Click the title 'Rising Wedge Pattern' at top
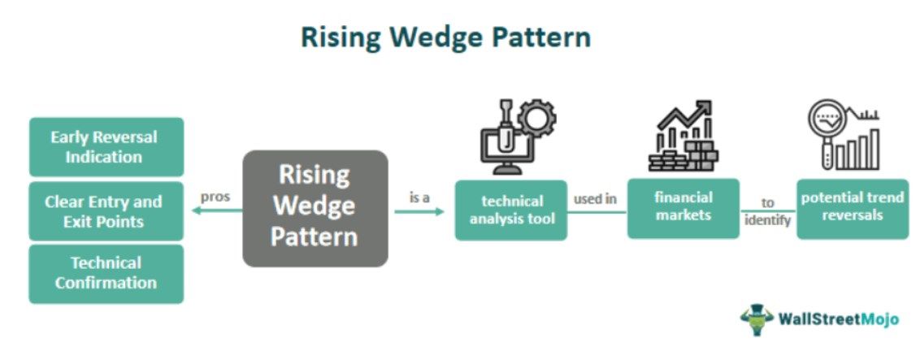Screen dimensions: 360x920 (x=445, y=37)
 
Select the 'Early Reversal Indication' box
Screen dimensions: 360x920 (x=106, y=147)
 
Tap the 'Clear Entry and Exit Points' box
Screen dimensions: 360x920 (x=106, y=211)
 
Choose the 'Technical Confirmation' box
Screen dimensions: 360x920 (x=106, y=274)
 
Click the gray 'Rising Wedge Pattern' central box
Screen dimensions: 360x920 (x=315, y=208)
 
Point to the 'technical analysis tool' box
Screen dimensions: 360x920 (x=510, y=210)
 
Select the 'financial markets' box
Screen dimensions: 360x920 (x=683, y=208)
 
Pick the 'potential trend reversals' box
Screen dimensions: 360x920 (x=852, y=209)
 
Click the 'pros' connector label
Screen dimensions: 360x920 (x=215, y=197)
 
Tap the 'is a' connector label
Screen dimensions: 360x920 (x=419, y=197)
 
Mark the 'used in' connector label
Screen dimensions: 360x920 (x=595, y=198)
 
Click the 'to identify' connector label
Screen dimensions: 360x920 (x=767, y=212)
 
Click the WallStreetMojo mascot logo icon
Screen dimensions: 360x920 (x=755, y=319)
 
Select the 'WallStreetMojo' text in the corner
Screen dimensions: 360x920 (x=838, y=319)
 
